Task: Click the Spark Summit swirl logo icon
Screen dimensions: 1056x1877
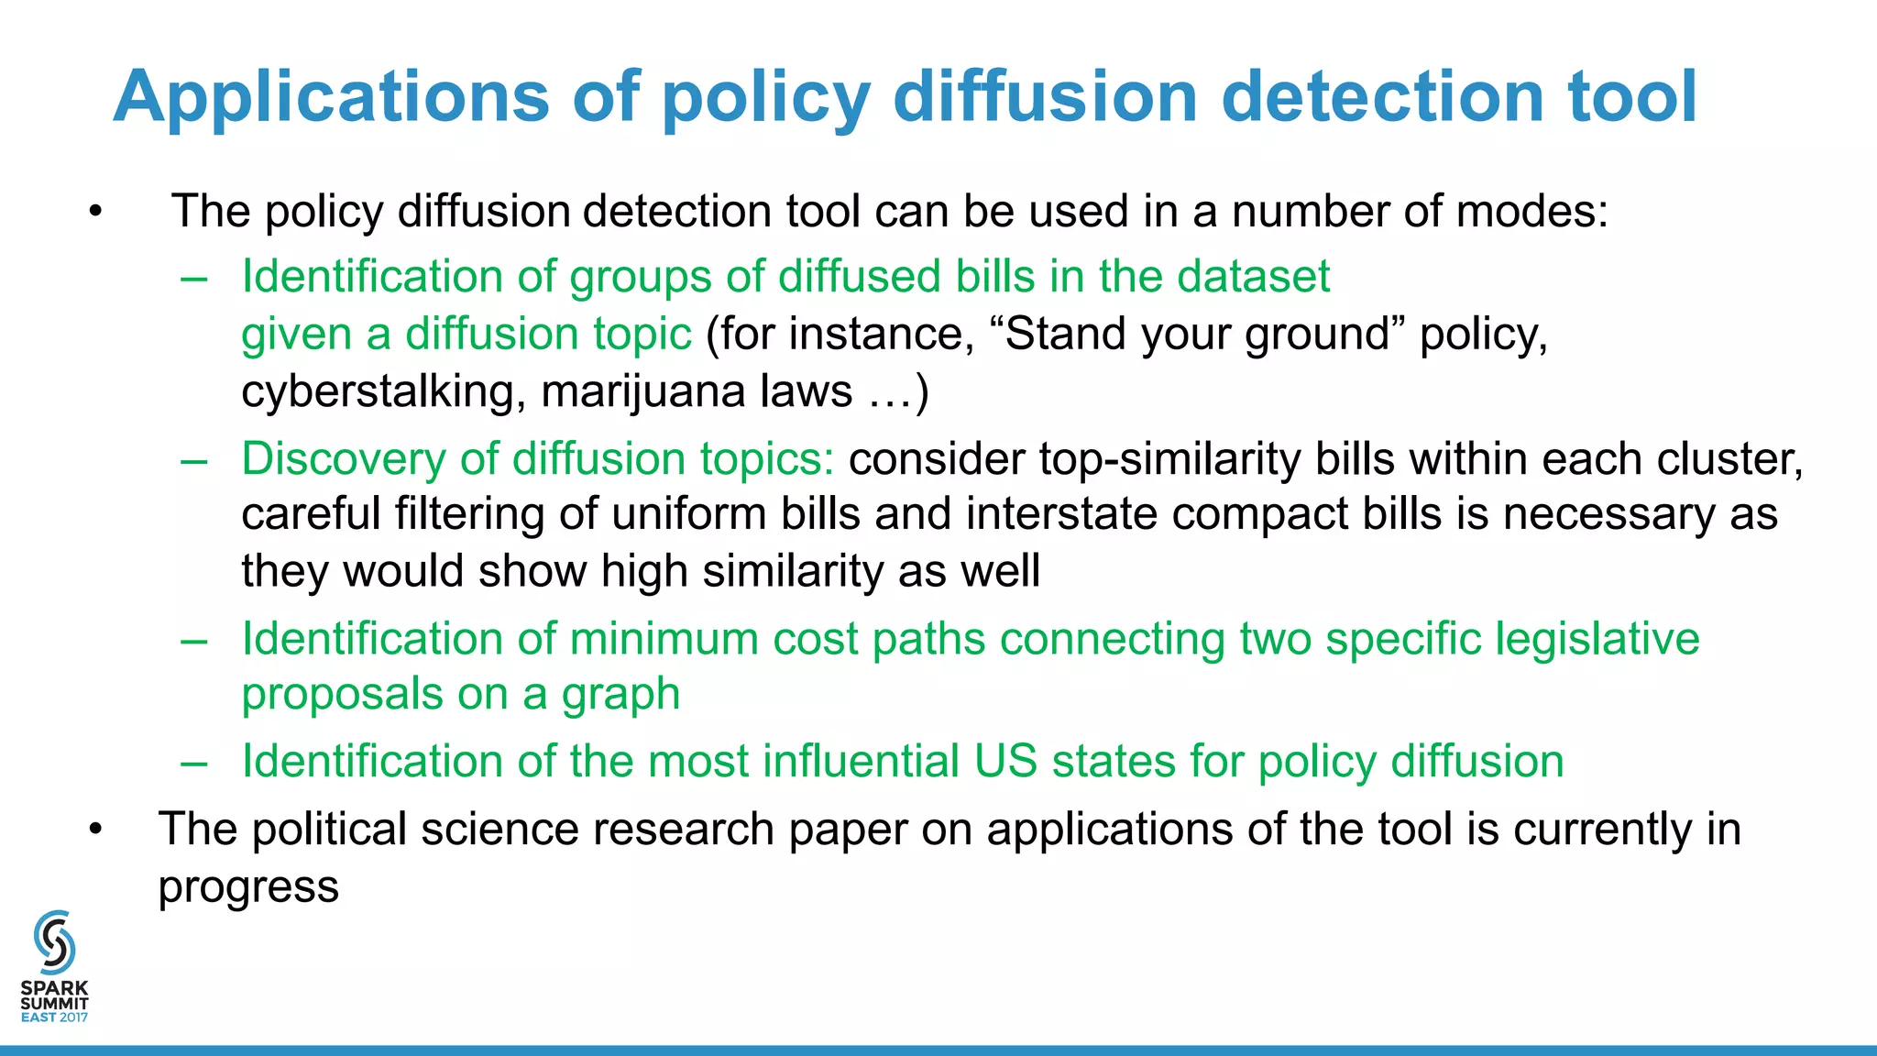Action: [x=54, y=941]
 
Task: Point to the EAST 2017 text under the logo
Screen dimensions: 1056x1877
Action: [x=54, y=1017]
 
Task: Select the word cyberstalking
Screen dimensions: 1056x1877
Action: [x=383, y=391]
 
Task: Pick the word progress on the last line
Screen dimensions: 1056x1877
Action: [x=248, y=887]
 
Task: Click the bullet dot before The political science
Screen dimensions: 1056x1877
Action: [x=96, y=830]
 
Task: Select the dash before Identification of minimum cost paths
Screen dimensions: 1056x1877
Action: [x=194, y=639]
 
